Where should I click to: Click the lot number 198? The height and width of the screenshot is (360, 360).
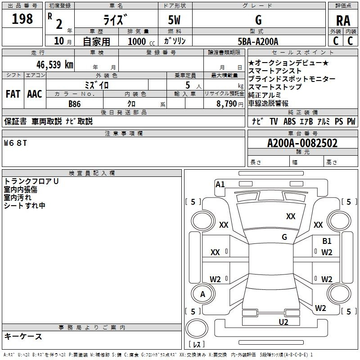point(22,19)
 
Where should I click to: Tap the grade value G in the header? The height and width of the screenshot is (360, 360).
point(258,20)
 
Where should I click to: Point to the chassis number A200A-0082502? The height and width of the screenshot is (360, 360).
point(302,144)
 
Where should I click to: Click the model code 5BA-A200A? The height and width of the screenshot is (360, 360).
point(258,41)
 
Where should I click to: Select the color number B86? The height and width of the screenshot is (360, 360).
point(75,104)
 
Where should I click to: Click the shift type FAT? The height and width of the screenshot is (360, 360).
point(13,94)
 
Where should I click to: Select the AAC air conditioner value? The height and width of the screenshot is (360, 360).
point(34,94)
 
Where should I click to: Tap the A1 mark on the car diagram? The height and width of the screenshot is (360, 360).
point(220,184)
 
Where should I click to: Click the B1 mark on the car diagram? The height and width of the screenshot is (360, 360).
point(327,241)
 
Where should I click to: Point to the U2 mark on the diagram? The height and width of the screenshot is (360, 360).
point(283,322)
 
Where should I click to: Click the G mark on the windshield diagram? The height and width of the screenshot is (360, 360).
point(284,237)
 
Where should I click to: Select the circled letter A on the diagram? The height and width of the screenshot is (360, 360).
point(202,294)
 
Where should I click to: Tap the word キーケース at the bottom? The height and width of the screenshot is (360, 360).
point(23,336)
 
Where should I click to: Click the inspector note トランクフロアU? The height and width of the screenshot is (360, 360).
point(31,181)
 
